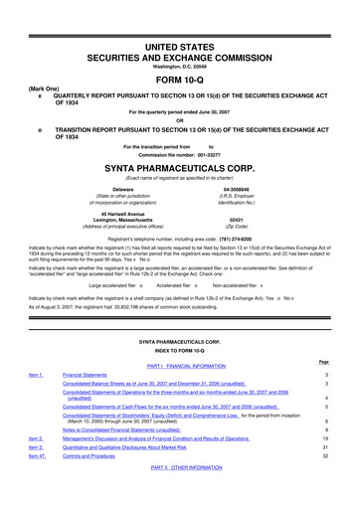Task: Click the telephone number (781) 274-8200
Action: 246,240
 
